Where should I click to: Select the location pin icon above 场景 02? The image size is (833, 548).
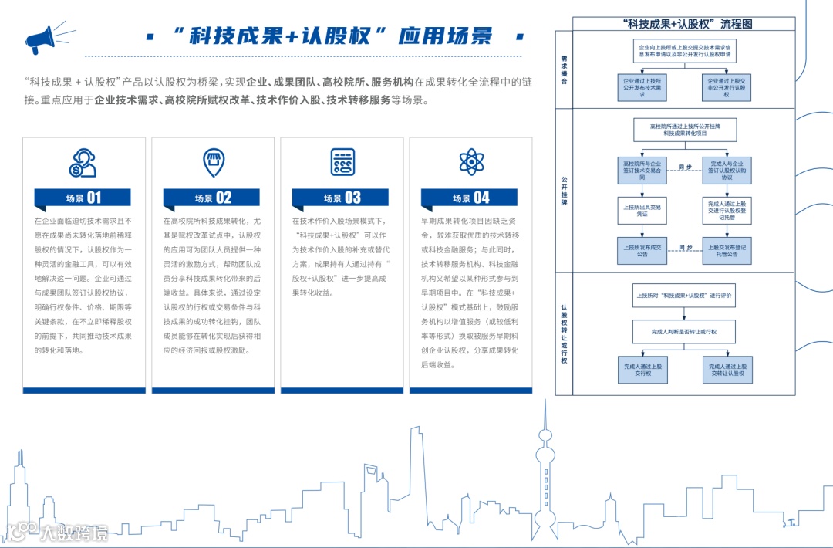click(x=213, y=162)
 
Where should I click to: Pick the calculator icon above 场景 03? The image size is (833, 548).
click(x=342, y=162)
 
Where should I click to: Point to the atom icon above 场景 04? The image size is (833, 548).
click(x=471, y=162)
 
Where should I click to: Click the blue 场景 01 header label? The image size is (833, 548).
click(x=83, y=198)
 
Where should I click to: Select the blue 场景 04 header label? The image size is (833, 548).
click(x=471, y=198)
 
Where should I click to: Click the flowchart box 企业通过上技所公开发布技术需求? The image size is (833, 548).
click(x=642, y=86)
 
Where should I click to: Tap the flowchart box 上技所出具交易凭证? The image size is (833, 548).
click(x=642, y=211)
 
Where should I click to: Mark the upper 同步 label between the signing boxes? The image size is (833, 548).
click(x=685, y=167)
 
